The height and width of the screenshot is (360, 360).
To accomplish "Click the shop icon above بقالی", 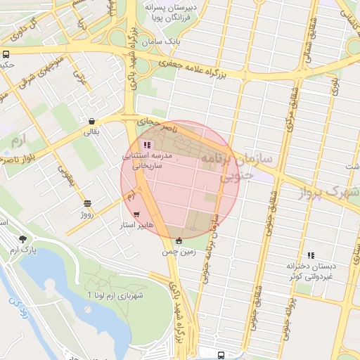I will pyautogui.click(x=92, y=120).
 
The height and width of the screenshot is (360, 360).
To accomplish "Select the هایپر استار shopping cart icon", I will pyautogui.click(x=136, y=214).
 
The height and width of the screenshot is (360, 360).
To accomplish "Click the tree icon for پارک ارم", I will pyautogui.click(x=23, y=239).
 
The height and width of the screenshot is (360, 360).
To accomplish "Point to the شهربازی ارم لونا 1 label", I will pyautogui.click(x=115, y=295).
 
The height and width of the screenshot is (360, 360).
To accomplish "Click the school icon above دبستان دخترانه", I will pyautogui.click(x=310, y=255).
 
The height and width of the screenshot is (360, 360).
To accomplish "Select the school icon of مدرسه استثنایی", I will pyautogui.click(x=146, y=144).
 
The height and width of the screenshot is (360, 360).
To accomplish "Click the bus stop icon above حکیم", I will pyautogui.click(x=6, y=54).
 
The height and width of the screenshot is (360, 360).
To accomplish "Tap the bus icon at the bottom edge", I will pyautogui.click(x=221, y=355).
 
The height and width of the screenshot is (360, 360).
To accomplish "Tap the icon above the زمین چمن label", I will pyautogui.click(x=179, y=241).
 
